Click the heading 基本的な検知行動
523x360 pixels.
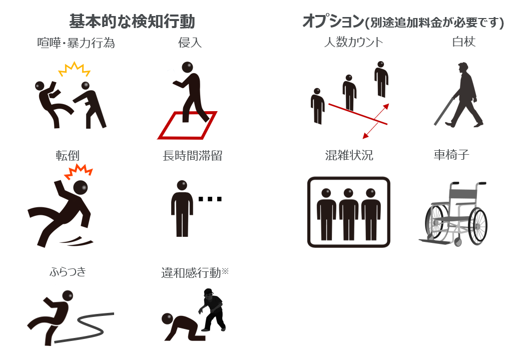click(x=132, y=21)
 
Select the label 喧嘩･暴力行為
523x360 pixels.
click(x=76, y=43)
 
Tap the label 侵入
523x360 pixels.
click(x=190, y=43)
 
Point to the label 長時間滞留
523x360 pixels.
click(x=193, y=156)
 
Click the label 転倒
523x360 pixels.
click(x=68, y=156)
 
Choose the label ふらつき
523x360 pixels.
click(x=68, y=271)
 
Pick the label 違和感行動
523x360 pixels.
click(x=191, y=272)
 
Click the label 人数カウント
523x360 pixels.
click(x=353, y=42)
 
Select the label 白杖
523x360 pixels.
click(x=463, y=42)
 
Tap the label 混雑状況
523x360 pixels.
click(x=349, y=155)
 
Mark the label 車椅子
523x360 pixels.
click(x=451, y=155)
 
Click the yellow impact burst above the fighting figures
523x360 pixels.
click(x=75, y=69)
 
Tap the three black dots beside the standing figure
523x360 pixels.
click(x=210, y=199)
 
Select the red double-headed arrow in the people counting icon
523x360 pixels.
click(x=376, y=121)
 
